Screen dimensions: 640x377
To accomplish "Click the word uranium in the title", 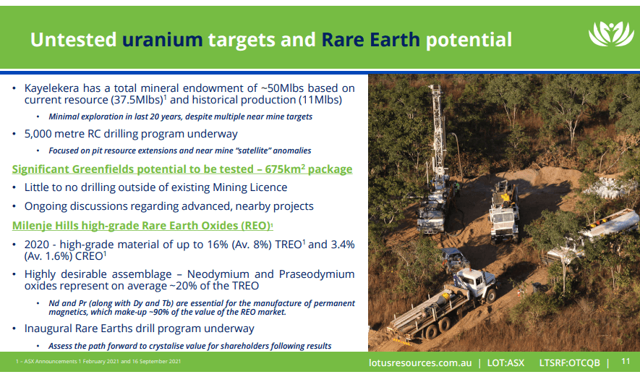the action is tap(163, 40).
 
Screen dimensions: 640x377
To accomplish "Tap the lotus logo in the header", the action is tap(610, 33).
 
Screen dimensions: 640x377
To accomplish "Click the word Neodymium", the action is tap(218, 274).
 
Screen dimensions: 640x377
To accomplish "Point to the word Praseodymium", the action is tap(317, 274).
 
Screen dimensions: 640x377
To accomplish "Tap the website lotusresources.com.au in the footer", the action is tap(420, 363).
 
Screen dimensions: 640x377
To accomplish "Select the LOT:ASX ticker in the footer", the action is tap(505, 363).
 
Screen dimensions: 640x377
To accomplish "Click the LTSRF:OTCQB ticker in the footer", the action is tap(569, 363).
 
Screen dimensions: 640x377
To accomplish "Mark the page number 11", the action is tap(626, 361).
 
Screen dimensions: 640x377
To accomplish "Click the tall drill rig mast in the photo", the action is tap(438, 131).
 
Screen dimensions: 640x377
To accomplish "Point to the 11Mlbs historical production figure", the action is tap(320, 100).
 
